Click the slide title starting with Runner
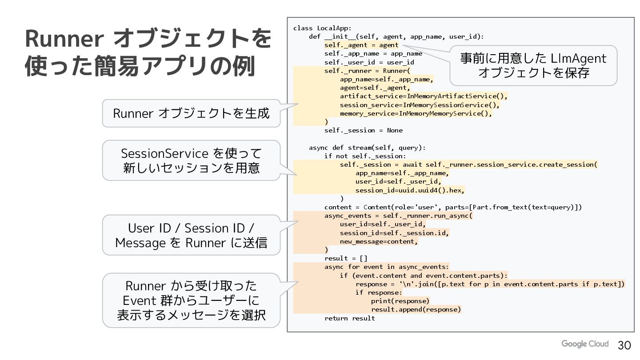[148, 53]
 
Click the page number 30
[624, 345]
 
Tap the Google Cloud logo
[584, 344]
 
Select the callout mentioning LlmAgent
[533, 65]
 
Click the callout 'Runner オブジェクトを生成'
[191, 113]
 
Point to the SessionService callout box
[191, 160]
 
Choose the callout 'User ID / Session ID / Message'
[191, 235]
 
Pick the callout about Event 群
[191, 300]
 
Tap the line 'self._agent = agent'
[361, 45]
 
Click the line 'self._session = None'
[363, 130]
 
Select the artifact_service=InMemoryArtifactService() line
[424, 96]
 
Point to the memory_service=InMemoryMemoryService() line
[416, 113]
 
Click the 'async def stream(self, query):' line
[367, 148]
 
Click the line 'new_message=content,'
[379, 241]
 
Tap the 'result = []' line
[346, 258]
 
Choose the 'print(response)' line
[400, 301]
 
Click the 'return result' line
[349, 318]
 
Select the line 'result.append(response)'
[416, 309]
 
